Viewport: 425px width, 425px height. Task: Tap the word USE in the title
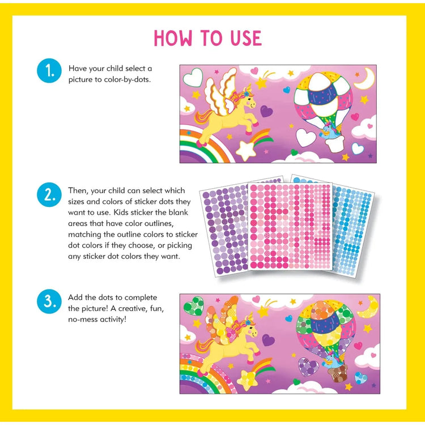[x=242, y=38]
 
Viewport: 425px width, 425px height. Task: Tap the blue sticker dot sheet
[x=354, y=227]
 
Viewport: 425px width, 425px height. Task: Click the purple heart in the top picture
[x=266, y=112]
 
